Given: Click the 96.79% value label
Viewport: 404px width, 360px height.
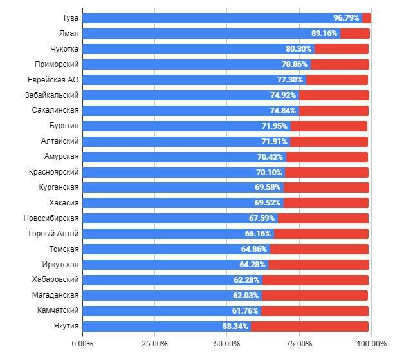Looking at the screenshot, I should click(x=346, y=18).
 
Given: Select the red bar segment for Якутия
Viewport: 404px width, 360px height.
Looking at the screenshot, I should click(x=309, y=327).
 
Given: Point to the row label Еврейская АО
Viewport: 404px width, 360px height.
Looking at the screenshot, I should click(x=53, y=80).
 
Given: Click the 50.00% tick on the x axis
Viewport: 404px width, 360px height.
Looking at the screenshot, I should click(x=227, y=343).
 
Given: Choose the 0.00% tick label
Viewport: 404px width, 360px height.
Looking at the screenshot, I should click(x=83, y=343).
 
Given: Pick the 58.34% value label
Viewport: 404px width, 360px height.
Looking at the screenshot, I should click(x=235, y=327).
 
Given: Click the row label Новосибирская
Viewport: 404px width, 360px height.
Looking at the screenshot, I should click(x=51, y=218).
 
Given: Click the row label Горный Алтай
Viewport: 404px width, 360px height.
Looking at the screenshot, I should click(x=54, y=234).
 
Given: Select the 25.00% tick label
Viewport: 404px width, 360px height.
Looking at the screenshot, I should click(x=155, y=343).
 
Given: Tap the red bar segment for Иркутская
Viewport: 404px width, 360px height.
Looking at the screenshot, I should click(x=318, y=265).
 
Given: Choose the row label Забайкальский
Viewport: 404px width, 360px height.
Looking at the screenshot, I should click(x=53, y=95).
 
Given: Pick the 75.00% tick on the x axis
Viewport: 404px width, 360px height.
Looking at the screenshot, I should click(x=299, y=343).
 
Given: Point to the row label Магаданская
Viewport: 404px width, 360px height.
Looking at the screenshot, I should click(x=55, y=296).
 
